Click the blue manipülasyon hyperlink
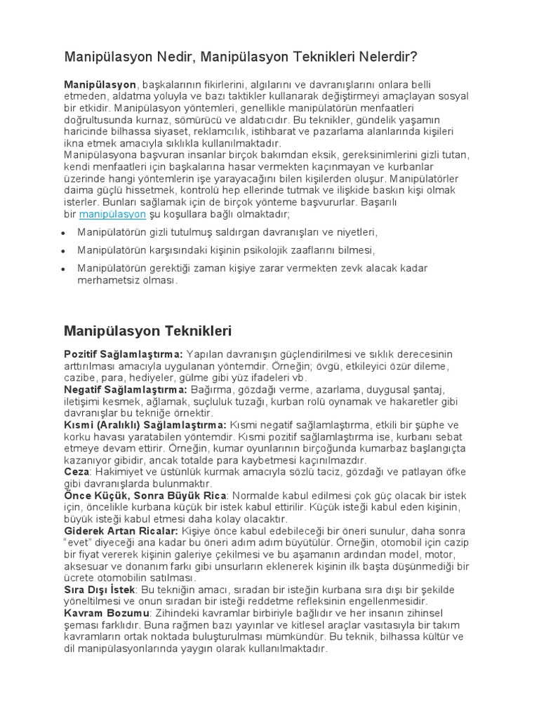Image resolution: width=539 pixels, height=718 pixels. [x=112, y=214]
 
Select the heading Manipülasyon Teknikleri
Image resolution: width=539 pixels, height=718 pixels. [x=147, y=330]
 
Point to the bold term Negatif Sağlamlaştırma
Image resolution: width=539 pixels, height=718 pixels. [x=126, y=389]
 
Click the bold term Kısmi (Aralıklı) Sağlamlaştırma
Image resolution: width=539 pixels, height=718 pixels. [x=145, y=425]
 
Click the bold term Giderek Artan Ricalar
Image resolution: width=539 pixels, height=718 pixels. [x=123, y=531]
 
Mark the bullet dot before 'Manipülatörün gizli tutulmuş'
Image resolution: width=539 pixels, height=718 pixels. [x=64, y=232]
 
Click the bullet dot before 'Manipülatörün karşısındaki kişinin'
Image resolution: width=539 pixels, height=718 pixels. [x=64, y=250]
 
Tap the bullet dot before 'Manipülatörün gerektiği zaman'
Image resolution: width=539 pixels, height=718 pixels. [x=64, y=269]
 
